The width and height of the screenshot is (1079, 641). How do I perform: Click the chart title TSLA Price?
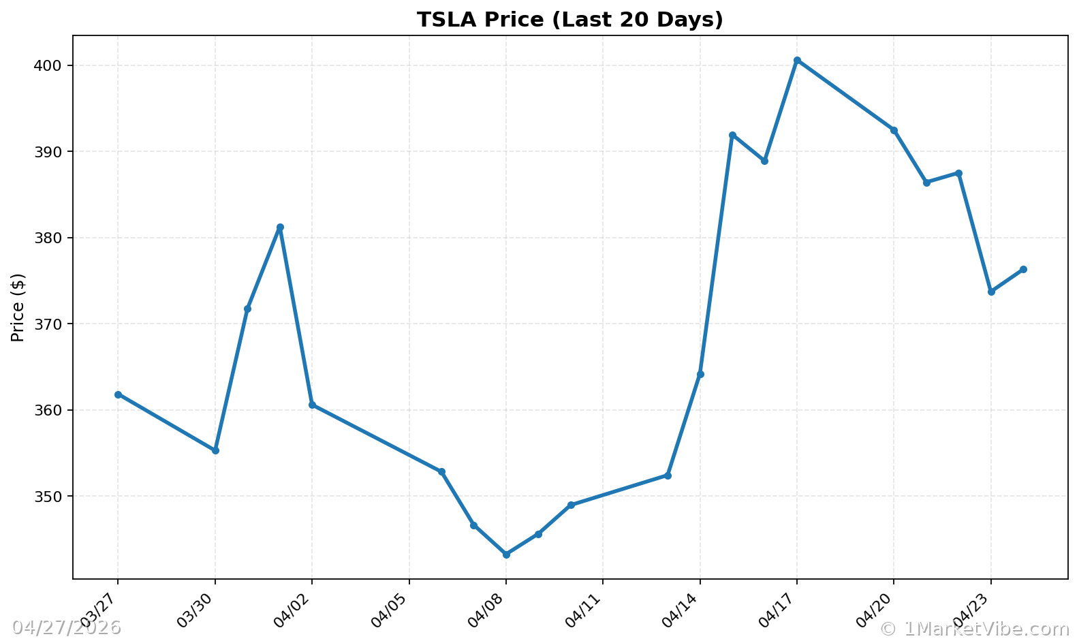click(569, 20)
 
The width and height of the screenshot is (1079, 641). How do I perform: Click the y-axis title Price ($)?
click(18, 307)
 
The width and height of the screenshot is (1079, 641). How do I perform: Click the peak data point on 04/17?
click(797, 61)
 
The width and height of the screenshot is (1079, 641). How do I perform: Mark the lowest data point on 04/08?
click(506, 554)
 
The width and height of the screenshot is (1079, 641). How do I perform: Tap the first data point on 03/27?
click(118, 394)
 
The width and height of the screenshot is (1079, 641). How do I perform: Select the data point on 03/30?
click(215, 450)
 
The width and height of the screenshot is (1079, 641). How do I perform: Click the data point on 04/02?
click(312, 405)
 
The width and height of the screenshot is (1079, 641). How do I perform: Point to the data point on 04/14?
click(700, 374)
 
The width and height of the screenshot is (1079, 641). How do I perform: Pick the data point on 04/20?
click(894, 130)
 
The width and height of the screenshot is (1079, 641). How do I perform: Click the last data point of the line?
click(1023, 269)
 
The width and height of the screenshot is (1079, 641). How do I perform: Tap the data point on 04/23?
click(991, 292)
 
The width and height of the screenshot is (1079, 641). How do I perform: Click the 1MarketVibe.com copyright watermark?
click(975, 629)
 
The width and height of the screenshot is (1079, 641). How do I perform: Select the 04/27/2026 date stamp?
click(66, 627)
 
